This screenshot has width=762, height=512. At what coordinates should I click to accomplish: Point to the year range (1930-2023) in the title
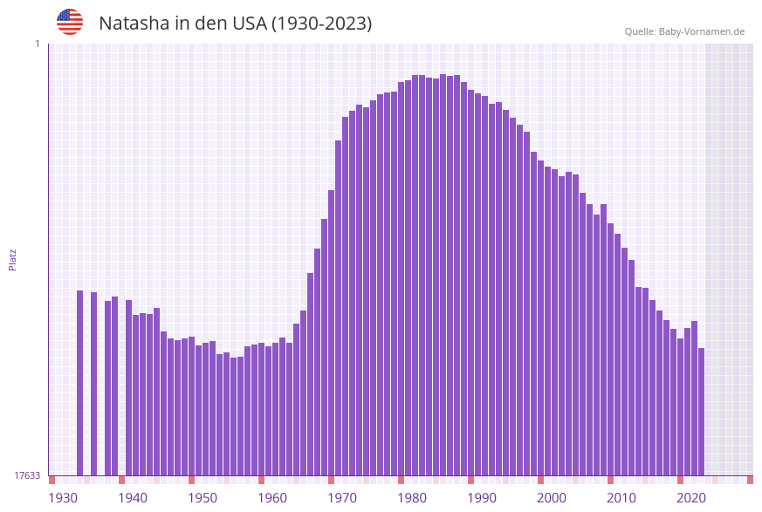(322, 24)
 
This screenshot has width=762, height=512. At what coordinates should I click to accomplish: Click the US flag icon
(70, 22)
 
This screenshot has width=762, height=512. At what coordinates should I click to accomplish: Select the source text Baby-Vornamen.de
(702, 31)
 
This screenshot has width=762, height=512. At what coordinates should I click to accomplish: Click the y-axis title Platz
(12, 259)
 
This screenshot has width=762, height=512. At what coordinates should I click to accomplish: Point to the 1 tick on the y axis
(37, 44)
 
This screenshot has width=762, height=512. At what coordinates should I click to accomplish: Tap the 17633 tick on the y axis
(27, 475)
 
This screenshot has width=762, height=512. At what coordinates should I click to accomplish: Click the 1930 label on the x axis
(63, 498)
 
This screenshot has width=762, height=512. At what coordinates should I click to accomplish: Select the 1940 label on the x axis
(133, 498)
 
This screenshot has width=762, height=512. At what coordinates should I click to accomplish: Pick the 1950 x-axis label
(203, 498)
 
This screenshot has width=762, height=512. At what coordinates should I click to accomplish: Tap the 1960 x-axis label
(272, 498)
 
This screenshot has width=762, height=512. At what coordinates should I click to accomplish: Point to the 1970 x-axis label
(342, 498)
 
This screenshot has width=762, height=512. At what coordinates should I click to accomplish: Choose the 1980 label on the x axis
(412, 498)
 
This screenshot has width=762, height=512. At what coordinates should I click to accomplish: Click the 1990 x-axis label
(482, 498)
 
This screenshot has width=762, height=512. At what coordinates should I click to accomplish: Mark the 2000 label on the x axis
(552, 498)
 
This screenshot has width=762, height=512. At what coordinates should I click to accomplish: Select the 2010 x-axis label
(621, 498)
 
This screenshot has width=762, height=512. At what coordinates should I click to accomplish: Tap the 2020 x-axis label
(691, 498)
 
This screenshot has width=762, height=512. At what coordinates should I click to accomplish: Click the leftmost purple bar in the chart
(79, 384)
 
